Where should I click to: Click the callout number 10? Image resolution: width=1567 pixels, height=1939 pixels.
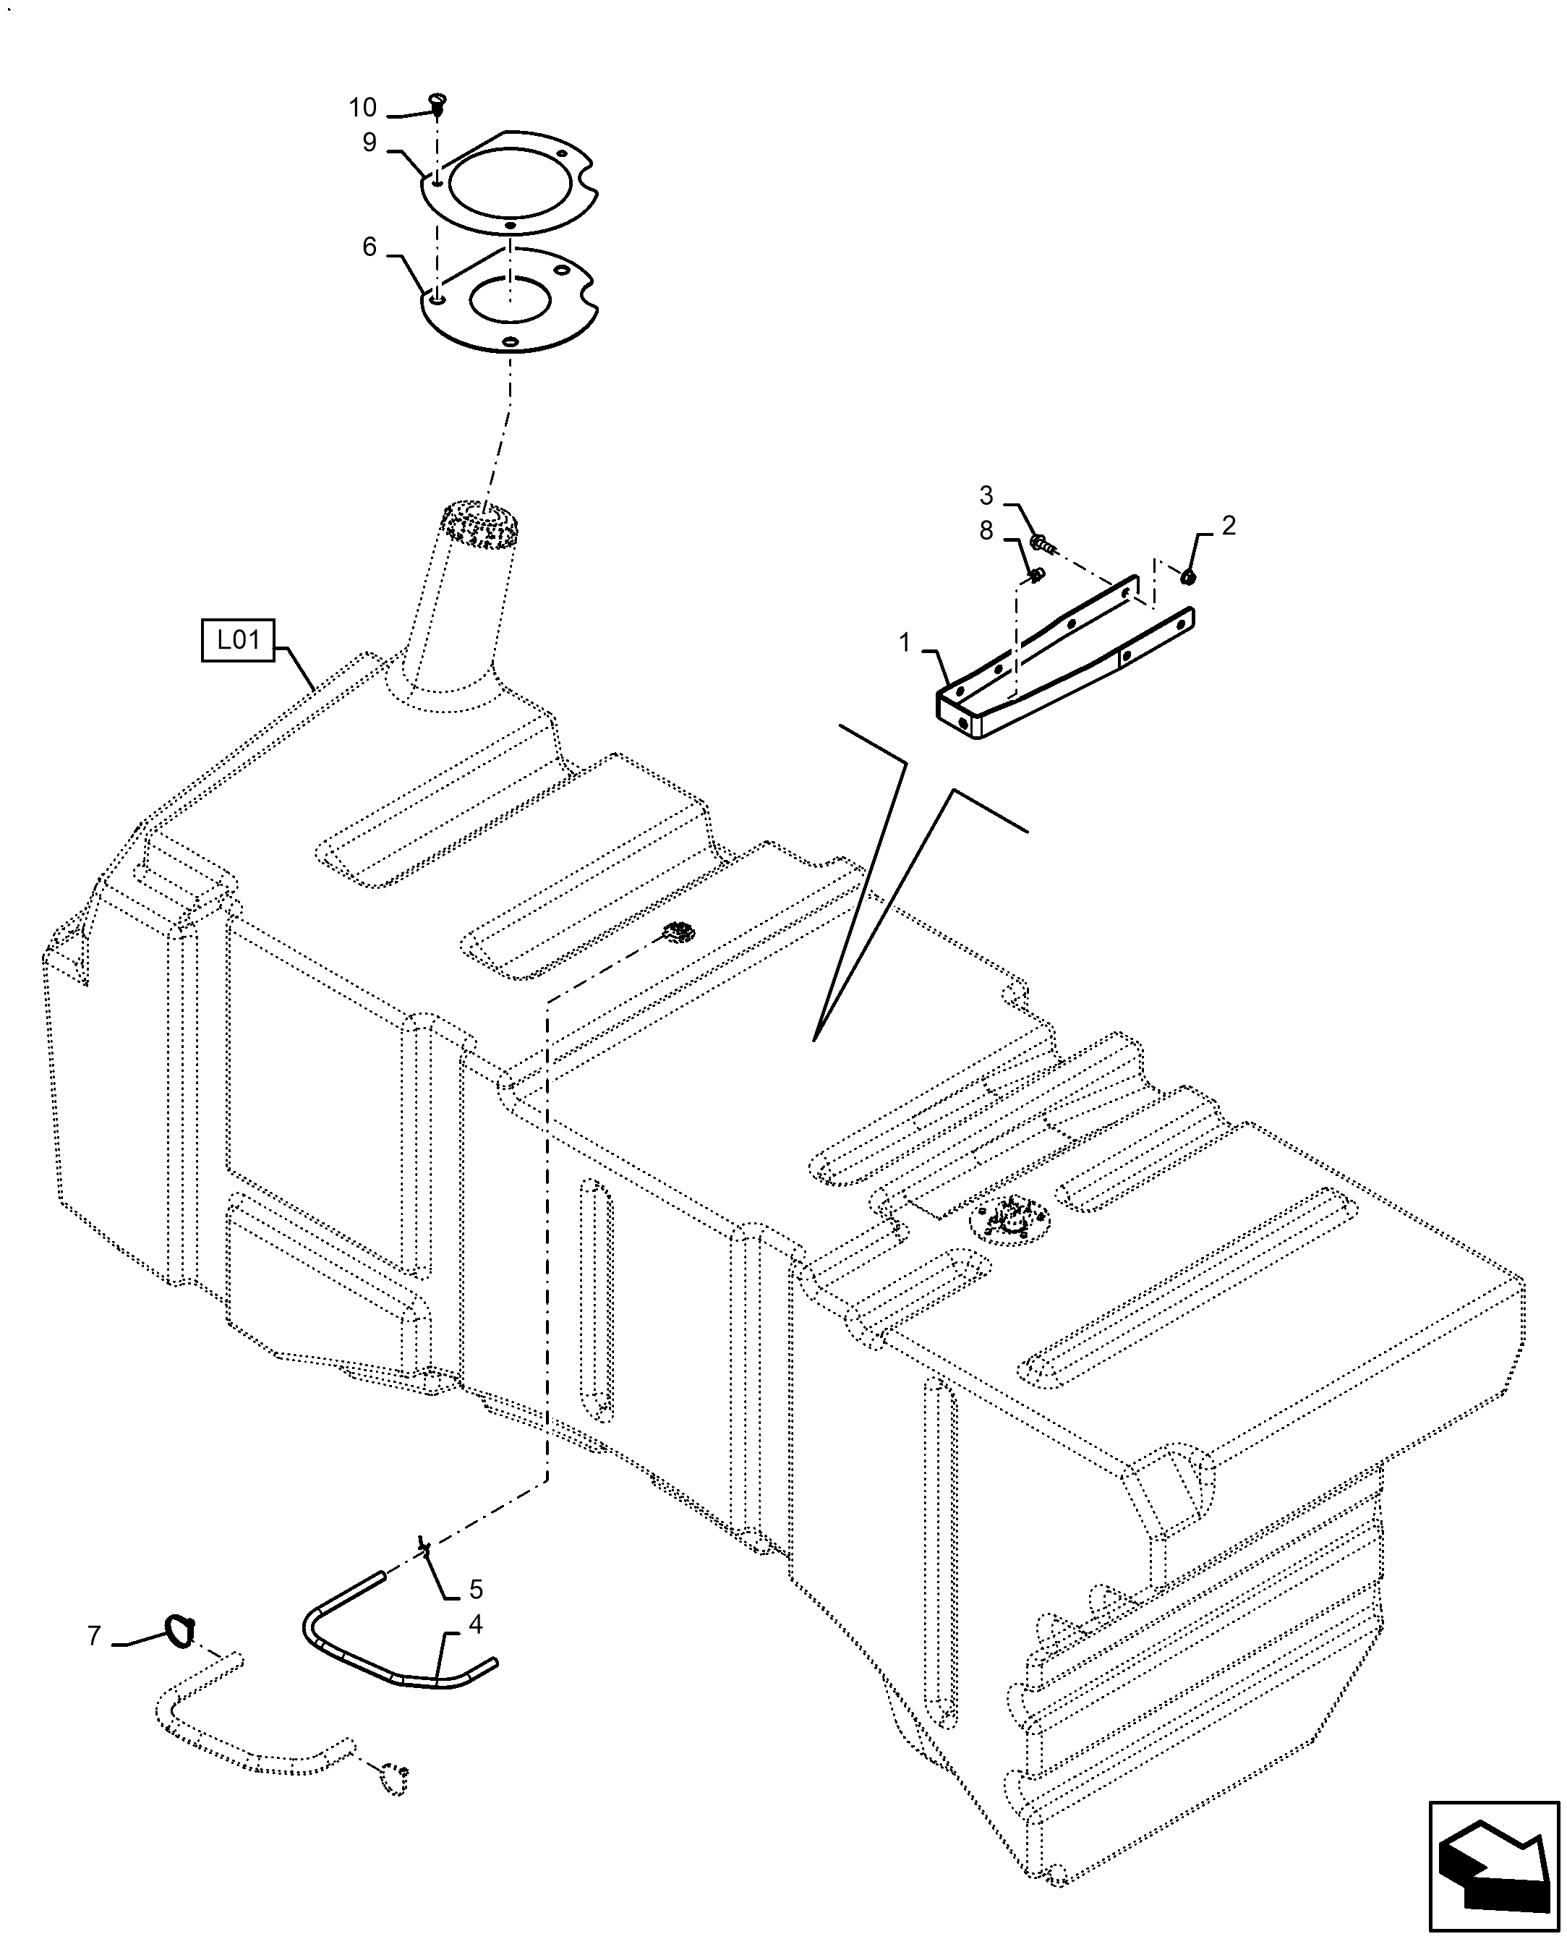tap(362, 108)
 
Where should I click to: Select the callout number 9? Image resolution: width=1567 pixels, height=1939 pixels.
tap(370, 142)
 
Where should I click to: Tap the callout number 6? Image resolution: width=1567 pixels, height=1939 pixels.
tap(370, 247)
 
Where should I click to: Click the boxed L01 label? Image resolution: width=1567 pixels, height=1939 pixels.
tap(237, 641)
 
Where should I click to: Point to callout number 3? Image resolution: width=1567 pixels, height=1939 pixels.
tap(986, 495)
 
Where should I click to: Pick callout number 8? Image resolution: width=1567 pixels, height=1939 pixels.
tap(986, 531)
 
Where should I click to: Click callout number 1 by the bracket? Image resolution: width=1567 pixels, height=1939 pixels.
tap(905, 644)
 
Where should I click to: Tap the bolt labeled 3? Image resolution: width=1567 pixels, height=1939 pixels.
tap(1039, 543)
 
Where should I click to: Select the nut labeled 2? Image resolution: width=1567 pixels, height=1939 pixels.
tap(1188, 576)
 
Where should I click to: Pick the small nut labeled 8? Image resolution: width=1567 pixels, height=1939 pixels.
tap(1037, 574)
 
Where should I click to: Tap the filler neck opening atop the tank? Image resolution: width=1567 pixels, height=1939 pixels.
tap(481, 523)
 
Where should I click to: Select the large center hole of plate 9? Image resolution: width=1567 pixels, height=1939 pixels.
tap(509, 185)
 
